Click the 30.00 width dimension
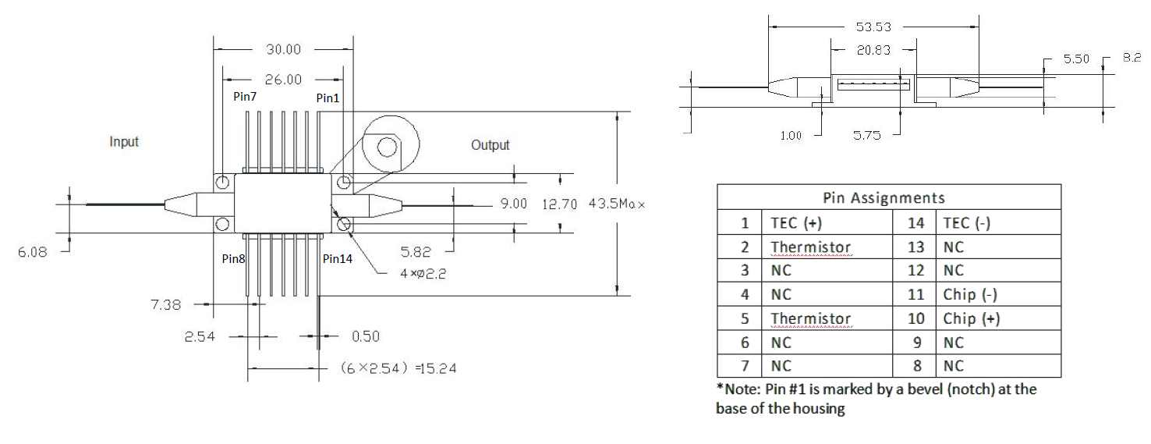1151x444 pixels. point(283,49)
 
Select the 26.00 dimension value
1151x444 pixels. point(283,80)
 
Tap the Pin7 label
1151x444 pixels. point(245,96)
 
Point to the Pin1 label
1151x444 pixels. point(328,98)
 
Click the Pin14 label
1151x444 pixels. point(337,258)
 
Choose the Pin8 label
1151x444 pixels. point(233,258)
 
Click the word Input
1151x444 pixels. point(124,142)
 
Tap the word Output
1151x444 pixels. point(491,145)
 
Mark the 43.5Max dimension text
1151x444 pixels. point(617,204)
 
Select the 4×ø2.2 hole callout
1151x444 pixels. point(423,273)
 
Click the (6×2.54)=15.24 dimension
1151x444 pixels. point(398,368)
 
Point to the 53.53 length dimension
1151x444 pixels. point(873,27)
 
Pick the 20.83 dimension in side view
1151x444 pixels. point(873,50)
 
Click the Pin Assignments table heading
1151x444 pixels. point(884,198)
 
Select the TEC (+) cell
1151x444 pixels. point(796,223)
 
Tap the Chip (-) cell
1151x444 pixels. point(969,294)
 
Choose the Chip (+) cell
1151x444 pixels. point(971,318)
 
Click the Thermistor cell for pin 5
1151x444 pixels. point(811,318)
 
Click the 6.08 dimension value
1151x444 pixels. point(33,252)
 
